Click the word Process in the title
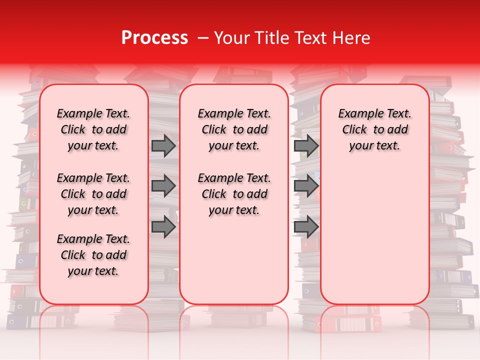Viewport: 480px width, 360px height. pyautogui.click(x=154, y=38)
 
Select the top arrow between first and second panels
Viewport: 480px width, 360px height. pyautogui.click(x=163, y=145)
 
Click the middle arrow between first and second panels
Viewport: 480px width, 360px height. pyautogui.click(x=163, y=186)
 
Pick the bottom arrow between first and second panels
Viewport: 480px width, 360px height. pyautogui.click(x=163, y=226)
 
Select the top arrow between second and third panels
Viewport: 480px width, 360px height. pyautogui.click(x=306, y=145)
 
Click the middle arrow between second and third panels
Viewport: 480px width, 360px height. pyautogui.click(x=306, y=186)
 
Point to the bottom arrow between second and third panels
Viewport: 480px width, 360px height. pyautogui.click(x=306, y=226)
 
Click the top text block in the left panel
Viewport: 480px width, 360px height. pyautogui.click(x=93, y=129)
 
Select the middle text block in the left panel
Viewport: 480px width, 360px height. pyautogui.click(x=93, y=194)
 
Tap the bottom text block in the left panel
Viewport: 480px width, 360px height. pyautogui.click(x=93, y=255)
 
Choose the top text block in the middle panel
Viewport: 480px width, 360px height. pyautogui.click(x=234, y=129)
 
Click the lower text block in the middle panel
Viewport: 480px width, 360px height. pyautogui.click(x=234, y=194)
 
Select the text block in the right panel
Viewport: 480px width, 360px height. pyautogui.click(x=374, y=129)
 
